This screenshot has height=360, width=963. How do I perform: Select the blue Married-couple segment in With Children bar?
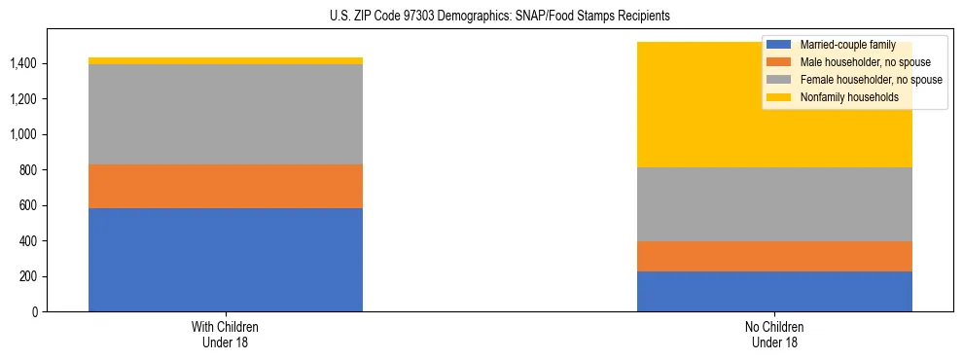(226, 260)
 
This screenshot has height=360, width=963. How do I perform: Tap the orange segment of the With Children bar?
(226, 186)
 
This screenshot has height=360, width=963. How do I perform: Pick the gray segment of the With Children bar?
(226, 114)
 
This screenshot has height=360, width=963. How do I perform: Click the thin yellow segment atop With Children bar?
(226, 60)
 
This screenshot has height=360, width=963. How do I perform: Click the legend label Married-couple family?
(847, 45)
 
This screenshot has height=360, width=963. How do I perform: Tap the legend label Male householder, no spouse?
(858, 62)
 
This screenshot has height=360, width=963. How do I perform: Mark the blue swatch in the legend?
(779, 45)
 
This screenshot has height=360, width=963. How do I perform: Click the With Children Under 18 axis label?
(226, 334)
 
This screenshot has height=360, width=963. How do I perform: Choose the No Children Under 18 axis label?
(774, 334)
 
